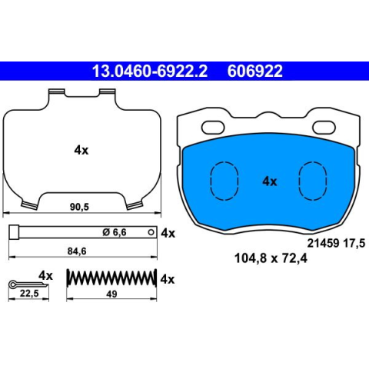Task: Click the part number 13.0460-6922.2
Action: (150, 71)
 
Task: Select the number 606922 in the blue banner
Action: (255, 71)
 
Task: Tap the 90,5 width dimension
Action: (79, 207)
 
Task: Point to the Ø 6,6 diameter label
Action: (115, 232)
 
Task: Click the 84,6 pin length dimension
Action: (77, 251)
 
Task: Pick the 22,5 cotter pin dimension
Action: (29, 294)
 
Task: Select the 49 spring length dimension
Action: (111, 294)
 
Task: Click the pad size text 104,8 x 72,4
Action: (271, 258)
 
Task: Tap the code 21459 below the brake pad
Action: (324, 243)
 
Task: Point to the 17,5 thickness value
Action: (354, 243)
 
